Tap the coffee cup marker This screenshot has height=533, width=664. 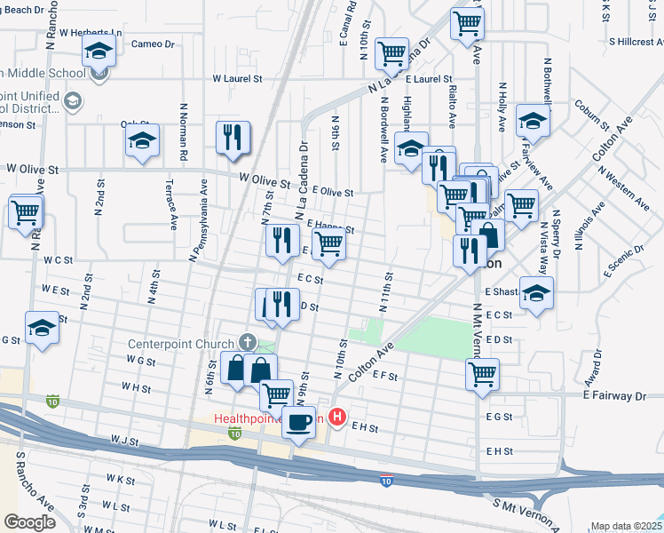299,421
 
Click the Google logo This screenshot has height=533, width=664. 29,521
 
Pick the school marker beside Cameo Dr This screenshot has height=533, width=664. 100,51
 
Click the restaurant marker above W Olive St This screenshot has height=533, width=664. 233,138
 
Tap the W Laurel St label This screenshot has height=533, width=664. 237,78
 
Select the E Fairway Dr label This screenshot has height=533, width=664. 622,394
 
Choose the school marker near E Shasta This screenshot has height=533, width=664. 536,293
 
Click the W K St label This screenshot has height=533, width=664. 118,478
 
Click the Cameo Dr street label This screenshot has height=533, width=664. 153,44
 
